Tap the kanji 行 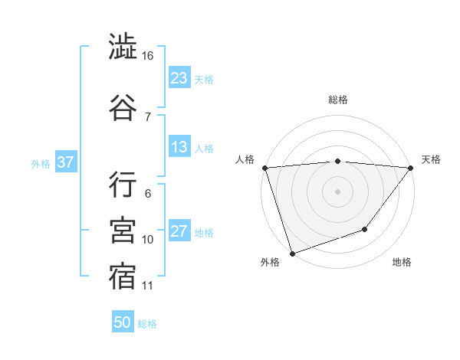pos(123,184)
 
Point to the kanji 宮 pos(123,229)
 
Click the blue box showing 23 pos(179,77)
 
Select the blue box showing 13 pos(179,147)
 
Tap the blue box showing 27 pos(179,232)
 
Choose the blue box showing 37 pos(65,162)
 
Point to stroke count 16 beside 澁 pos(148,56)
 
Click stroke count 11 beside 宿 pos(148,286)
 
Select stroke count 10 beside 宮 pos(148,240)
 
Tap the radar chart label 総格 pos(337,100)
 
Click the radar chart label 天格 pos(431,159)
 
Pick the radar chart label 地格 pos(402,263)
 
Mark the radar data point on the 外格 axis pos(292,253)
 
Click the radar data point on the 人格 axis pos(264,168)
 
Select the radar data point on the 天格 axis pos(411,168)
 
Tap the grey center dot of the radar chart pos(337,191)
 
